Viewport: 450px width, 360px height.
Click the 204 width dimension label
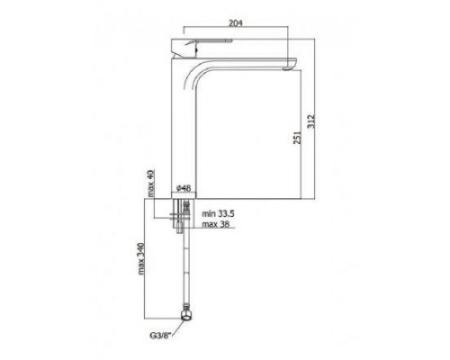tap(236, 22)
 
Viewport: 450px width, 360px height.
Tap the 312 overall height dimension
tap(311, 121)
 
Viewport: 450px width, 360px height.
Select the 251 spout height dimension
tap(297, 137)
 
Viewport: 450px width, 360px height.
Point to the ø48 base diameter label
tap(184, 188)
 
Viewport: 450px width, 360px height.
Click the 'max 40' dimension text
tap(150, 183)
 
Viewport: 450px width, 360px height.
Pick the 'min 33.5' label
tap(218, 214)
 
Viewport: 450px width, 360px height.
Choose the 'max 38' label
tap(216, 224)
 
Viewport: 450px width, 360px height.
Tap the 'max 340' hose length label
tap(141, 258)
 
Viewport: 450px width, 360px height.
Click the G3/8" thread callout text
tap(160, 335)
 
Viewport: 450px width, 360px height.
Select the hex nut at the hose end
tap(186, 314)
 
